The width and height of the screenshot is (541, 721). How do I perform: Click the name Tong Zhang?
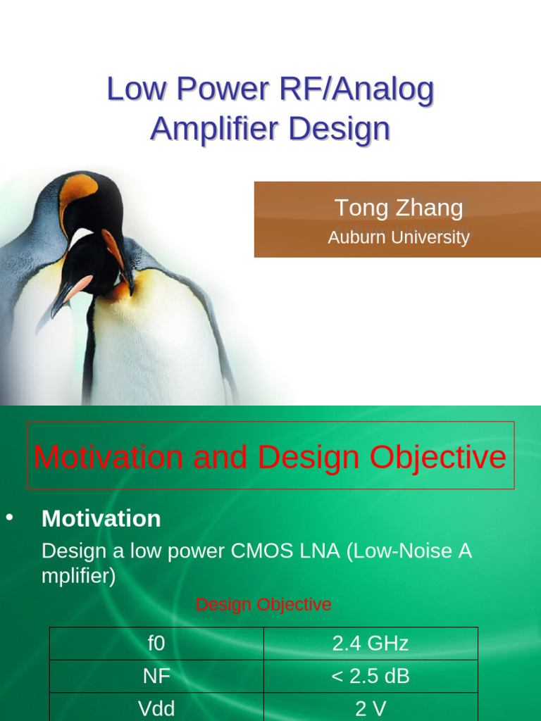pyautogui.click(x=398, y=208)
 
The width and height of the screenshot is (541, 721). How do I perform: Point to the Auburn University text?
pyautogui.click(x=398, y=237)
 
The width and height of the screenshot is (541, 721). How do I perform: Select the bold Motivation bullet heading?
pyautogui.click(x=101, y=519)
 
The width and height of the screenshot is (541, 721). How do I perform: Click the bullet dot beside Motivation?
pyautogui.click(x=10, y=518)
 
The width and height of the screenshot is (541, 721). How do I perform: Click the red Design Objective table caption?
pyautogui.click(x=263, y=604)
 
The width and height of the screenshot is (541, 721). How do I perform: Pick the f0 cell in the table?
pyautogui.click(x=156, y=644)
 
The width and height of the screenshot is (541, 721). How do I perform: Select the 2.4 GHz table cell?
pyautogui.click(x=371, y=644)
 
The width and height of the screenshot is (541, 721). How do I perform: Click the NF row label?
pyautogui.click(x=156, y=677)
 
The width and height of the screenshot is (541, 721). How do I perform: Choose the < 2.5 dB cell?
pyautogui.click(x=371, y=677)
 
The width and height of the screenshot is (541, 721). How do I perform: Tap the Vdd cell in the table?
pyautogui.click(x=156, y=708)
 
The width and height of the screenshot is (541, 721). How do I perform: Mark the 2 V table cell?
pyautogui.click(x=371, y=708)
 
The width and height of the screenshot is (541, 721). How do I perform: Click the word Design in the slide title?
pyautogui.click(x=340, y=129)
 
